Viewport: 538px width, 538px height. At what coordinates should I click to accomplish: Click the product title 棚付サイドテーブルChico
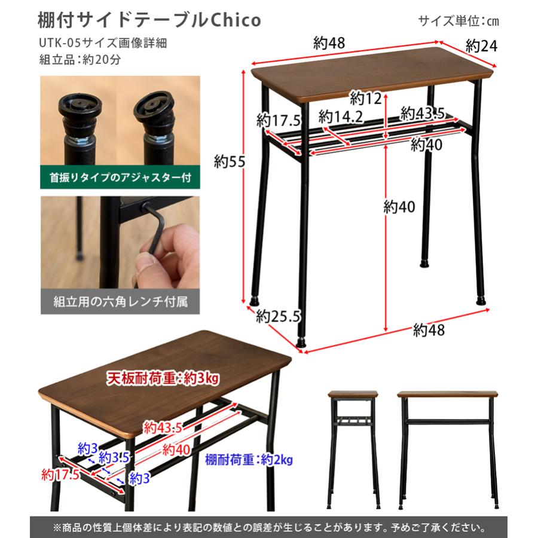coord(149,20)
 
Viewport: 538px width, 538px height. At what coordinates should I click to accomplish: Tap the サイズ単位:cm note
coord(458,21)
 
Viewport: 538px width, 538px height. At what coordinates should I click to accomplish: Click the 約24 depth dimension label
coord(481,46)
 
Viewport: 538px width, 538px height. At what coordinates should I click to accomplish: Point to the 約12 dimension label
coord(366,99)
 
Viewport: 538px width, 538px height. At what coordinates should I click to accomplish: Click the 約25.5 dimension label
coord(277,316)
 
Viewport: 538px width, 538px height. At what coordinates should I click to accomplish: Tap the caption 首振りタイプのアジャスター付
coord(120,178)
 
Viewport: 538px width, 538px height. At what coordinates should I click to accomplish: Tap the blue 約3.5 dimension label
coord(114,458)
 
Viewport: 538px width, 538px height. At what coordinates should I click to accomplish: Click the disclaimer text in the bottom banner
coord(269,527)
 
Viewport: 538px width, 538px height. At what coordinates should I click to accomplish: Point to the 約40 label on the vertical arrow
coord(399,207)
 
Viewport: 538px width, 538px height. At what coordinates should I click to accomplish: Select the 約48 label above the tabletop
coord(329,43)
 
